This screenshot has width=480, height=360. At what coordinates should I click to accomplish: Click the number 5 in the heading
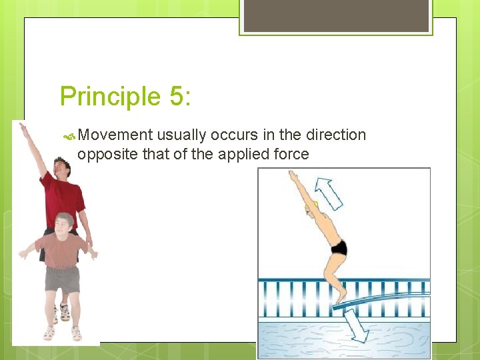pyautogui.click(x=176, y=96)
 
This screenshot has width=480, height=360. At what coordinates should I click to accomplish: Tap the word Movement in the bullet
pyautogui.click(x=115, y=135)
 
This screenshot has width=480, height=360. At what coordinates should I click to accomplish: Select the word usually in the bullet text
pyautogui.click(x=181, y=135)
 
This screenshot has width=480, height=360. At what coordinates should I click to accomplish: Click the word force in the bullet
pyautogui.click(x=289, y=154)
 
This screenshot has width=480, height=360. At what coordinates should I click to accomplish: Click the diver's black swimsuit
pyautogui.click(x=339, y=248)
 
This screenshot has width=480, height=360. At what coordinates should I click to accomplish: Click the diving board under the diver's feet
pyautogui.click(x=380, y=298)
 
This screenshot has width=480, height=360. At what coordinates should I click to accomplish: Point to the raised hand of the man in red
pyautogui.click(x=24, y=127)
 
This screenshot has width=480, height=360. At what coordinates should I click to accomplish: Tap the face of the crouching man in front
pyautogui.click(x=64, y=225)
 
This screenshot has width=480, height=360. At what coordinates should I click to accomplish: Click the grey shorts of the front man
pyautogui.click(x=62, y=279)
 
